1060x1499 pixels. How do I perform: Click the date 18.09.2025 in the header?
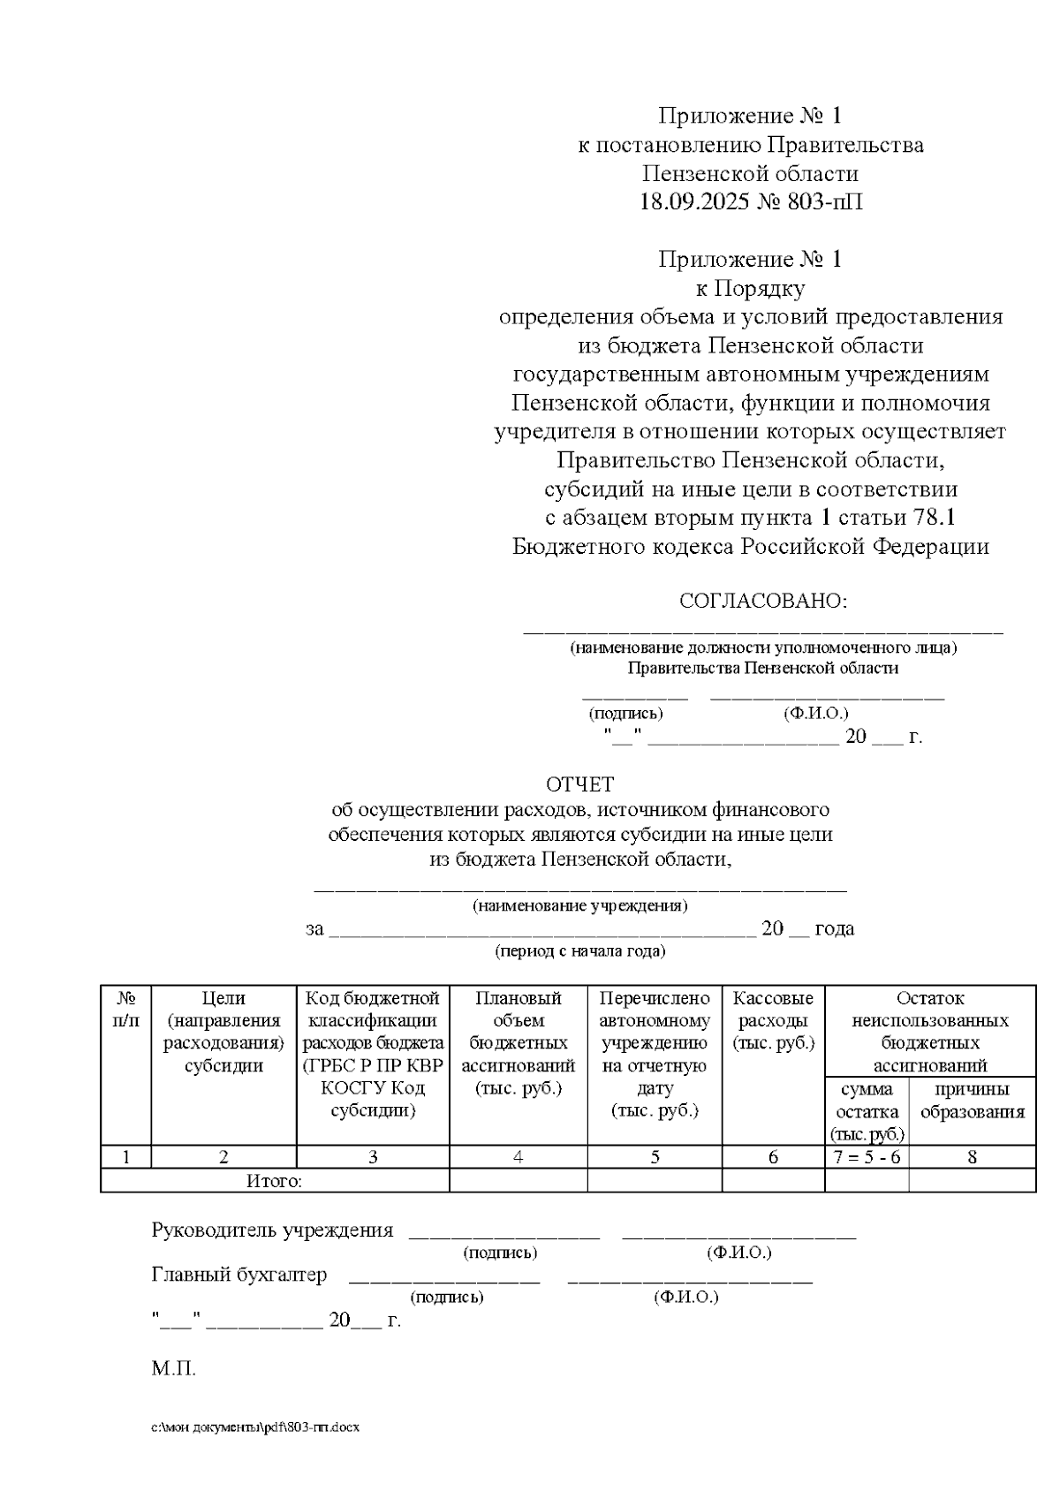click(x=694, y=201)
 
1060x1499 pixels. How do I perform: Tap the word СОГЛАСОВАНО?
click(x=762, y=602)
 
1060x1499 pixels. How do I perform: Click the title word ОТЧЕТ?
click(x=579, y=784)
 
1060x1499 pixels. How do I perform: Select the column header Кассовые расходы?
click(x=773, y=1020)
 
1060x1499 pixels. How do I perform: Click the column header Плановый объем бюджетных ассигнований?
click(x=519, y=1042)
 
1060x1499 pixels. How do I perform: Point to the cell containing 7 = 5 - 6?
click(x=867, y=1156)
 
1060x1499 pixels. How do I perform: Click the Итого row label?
click(x=274, y=1181)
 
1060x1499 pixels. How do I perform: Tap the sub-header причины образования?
click(x=972, y=1100)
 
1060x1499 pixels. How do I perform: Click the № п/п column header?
click(x=126, y=1009)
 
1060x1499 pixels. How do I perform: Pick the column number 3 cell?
click(x=373, y=1156)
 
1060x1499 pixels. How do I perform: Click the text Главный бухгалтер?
click(x=239, y=1275)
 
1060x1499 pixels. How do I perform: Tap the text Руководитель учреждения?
click(x=272, y=1230)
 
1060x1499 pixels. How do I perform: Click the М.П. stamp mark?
click(x=173, y=1369)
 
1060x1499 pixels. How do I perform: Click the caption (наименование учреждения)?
click(x=579, y=905)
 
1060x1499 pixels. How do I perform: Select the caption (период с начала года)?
click(x=579, y=951)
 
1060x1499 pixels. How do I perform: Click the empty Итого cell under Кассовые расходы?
click(x=773, y=1181)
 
